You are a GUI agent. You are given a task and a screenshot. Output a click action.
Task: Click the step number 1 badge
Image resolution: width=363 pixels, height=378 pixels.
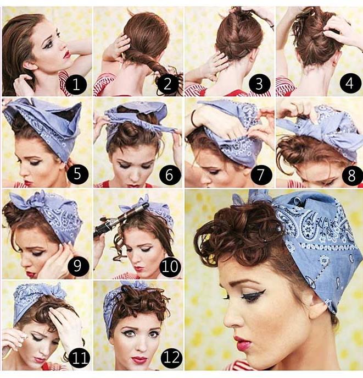click(77, 85)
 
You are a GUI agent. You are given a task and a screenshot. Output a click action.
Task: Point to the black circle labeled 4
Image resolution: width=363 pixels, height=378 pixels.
click(350, 84)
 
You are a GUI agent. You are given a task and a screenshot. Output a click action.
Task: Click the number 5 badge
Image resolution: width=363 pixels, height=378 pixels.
click(77, 175)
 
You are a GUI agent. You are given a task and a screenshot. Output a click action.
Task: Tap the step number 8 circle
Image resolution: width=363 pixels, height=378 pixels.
click(350, 175)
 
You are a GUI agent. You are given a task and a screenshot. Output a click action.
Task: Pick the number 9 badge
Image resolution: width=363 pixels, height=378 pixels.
click(77, 266)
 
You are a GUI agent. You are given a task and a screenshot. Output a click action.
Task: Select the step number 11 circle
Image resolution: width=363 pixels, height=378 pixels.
click(77, 358)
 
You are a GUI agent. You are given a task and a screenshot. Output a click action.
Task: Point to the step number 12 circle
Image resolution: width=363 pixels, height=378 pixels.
click(170, 358)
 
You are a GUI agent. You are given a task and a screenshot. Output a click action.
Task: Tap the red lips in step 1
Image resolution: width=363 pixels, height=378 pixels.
click(66, 54)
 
